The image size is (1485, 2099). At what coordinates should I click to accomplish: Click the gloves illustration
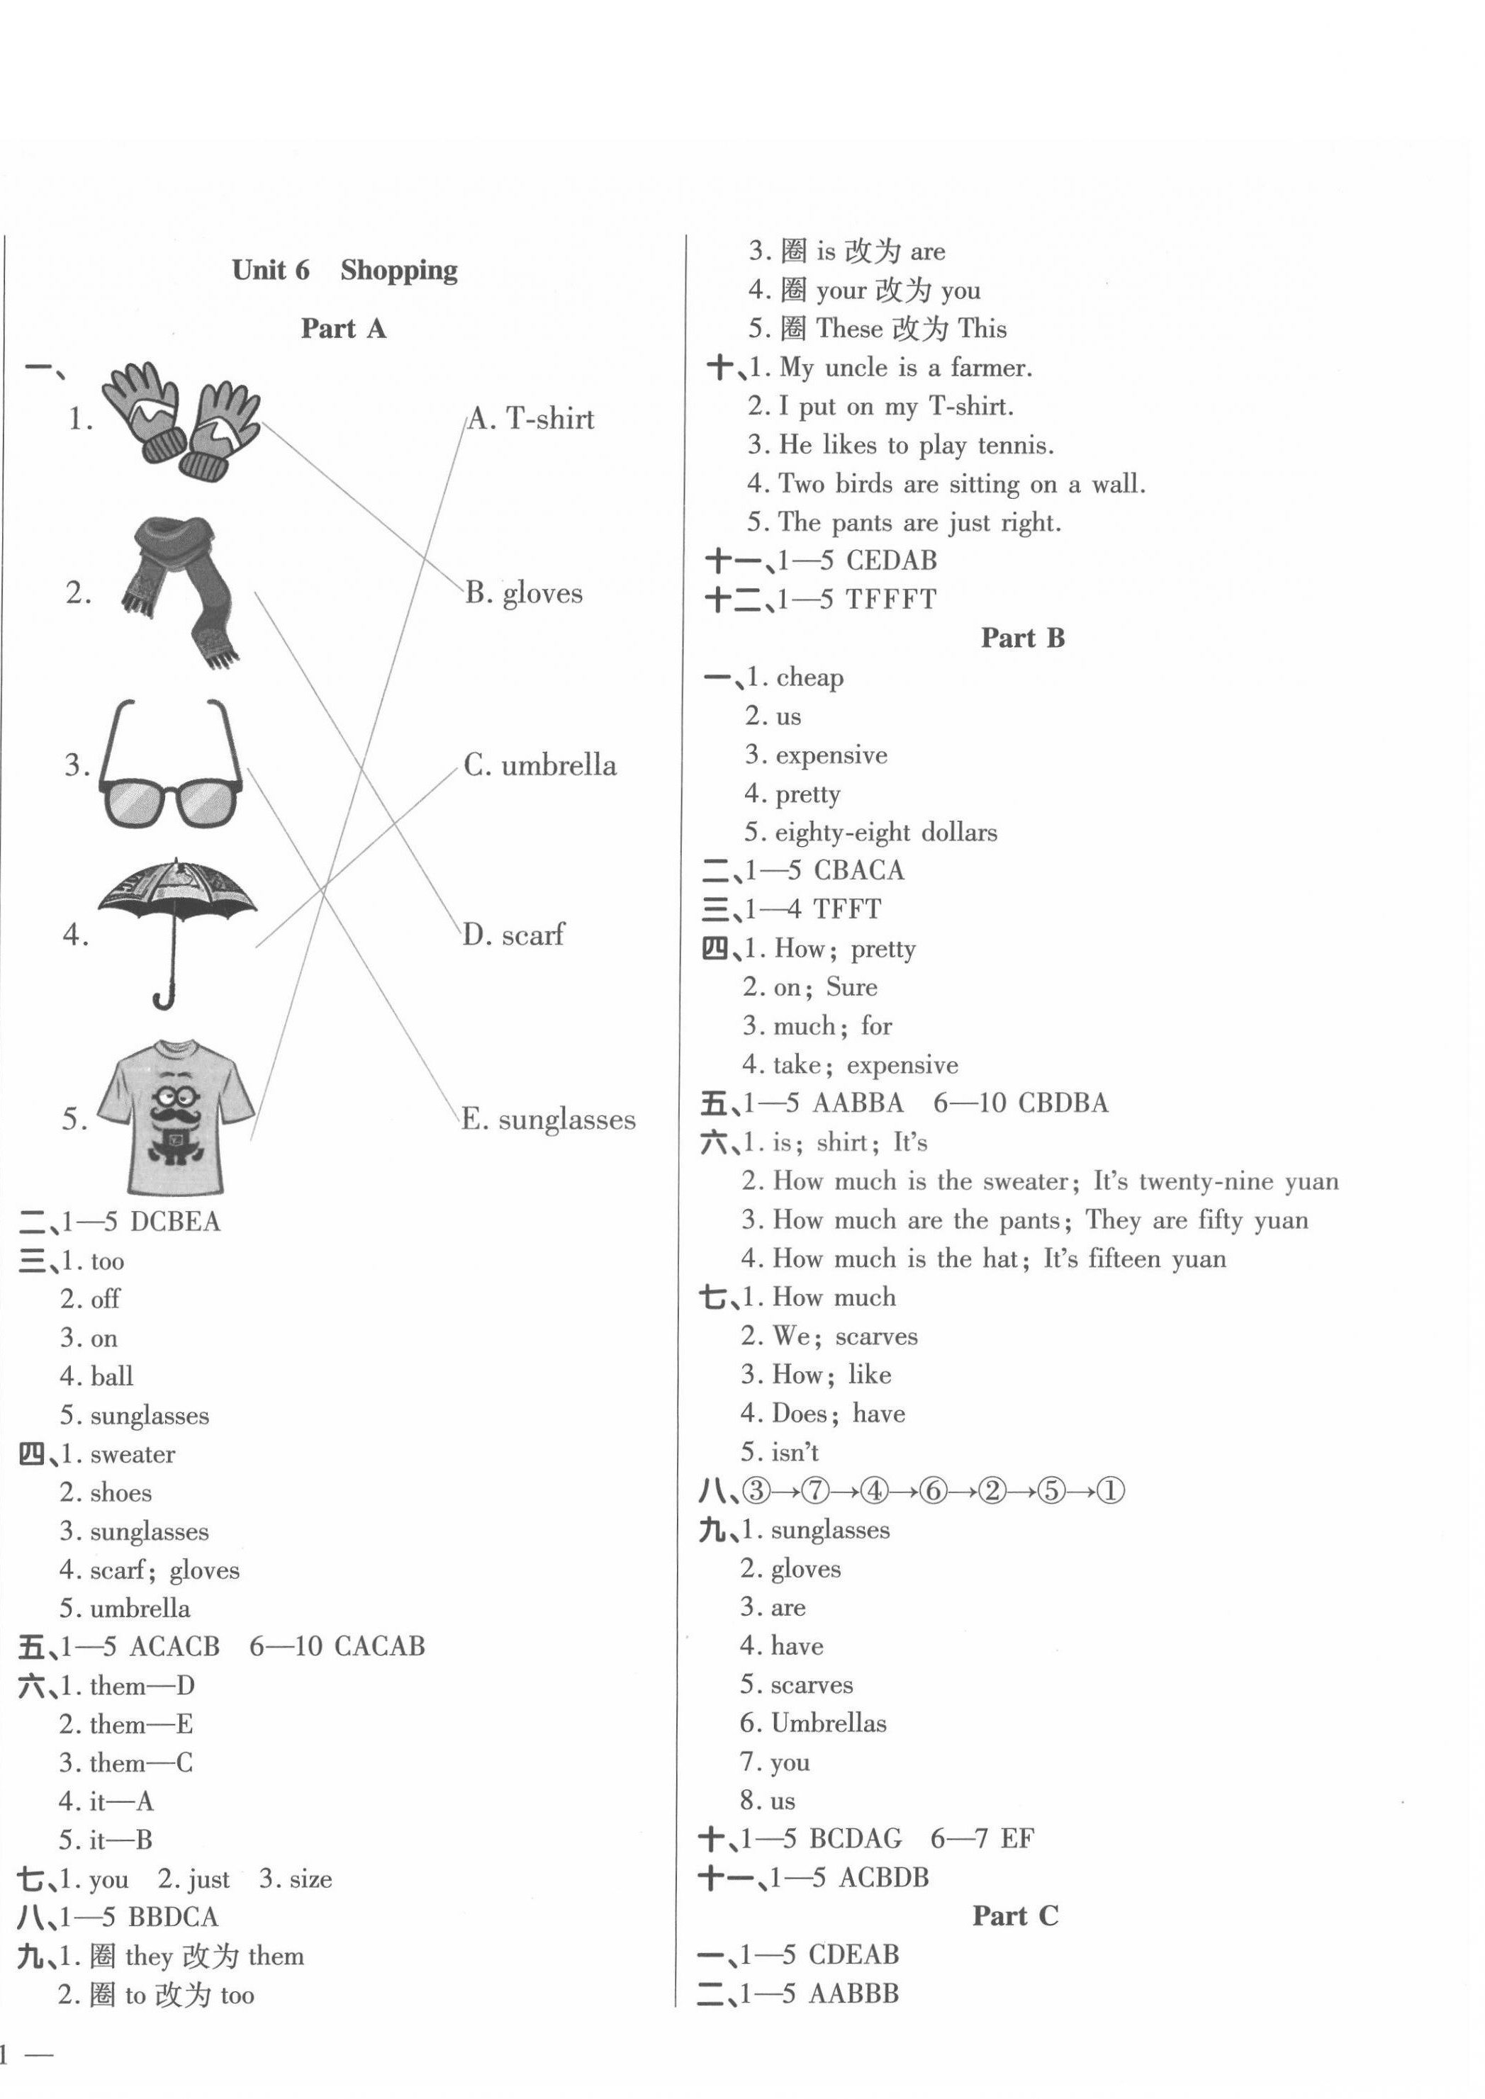point(181,420)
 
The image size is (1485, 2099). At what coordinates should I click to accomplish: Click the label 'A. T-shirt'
point(530,420)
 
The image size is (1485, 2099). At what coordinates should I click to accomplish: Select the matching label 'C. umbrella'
point(539,765)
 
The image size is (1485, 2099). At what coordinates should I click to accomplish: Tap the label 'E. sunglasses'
point(548,1119)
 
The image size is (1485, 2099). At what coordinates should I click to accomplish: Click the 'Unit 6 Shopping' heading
point(344,270)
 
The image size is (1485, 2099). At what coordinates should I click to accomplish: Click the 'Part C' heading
point(1015,1915)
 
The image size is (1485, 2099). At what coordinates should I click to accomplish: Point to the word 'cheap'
point(809,677)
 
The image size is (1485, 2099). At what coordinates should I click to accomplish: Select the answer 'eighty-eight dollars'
point(885,832)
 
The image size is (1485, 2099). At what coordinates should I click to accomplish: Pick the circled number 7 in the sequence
point(814,1491)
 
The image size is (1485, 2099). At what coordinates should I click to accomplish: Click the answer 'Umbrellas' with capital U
point(829,1723)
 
